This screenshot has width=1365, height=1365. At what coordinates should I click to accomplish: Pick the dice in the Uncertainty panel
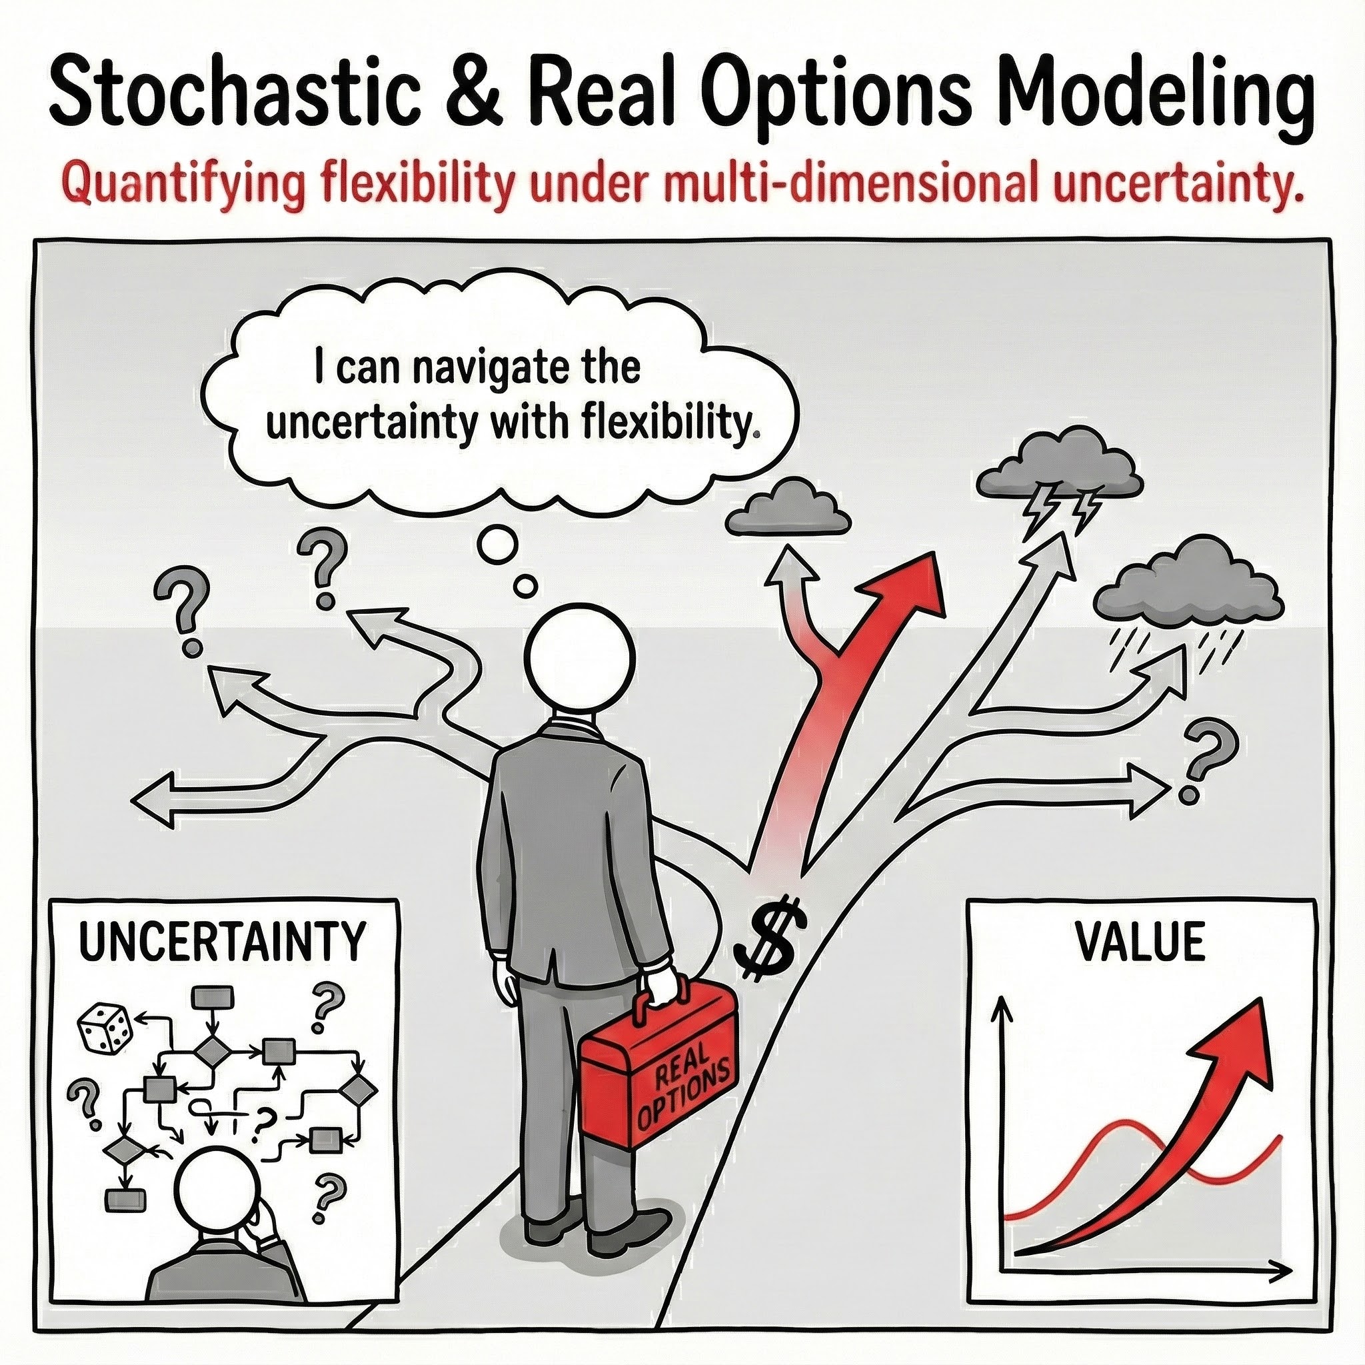(x=105, y=1027)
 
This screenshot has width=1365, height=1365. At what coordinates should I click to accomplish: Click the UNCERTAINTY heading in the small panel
(x=222, y=940)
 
